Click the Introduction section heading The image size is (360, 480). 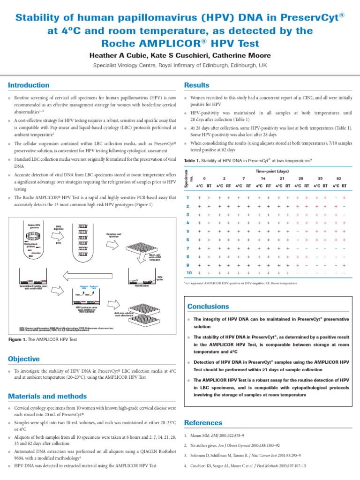[x=29, y=85]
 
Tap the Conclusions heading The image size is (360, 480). [x=209, y=306]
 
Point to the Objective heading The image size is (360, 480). [x=24, y=359]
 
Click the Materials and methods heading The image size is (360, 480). [x=47, y=396]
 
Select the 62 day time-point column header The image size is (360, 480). [x=339, y=179]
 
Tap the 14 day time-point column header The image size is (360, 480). [x=263, y=179]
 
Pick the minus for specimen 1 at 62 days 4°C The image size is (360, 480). [x=336, y=198]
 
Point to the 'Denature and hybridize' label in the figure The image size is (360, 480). [x=113, y=235]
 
